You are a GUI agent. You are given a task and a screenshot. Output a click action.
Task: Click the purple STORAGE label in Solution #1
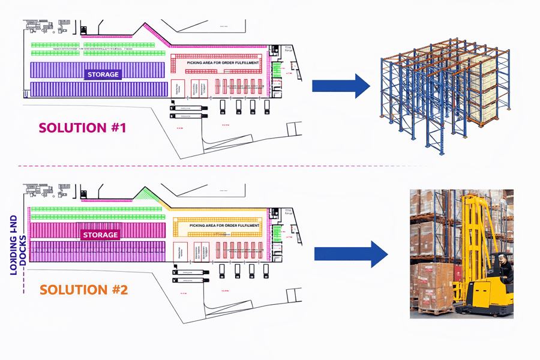[x=103, y=75]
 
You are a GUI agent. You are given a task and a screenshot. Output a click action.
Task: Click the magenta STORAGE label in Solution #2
[x=100, y=235]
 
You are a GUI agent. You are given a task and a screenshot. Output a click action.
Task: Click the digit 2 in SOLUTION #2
[x=122, y=290]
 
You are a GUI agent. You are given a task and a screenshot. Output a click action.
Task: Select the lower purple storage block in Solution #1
[x=98, y=89]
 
